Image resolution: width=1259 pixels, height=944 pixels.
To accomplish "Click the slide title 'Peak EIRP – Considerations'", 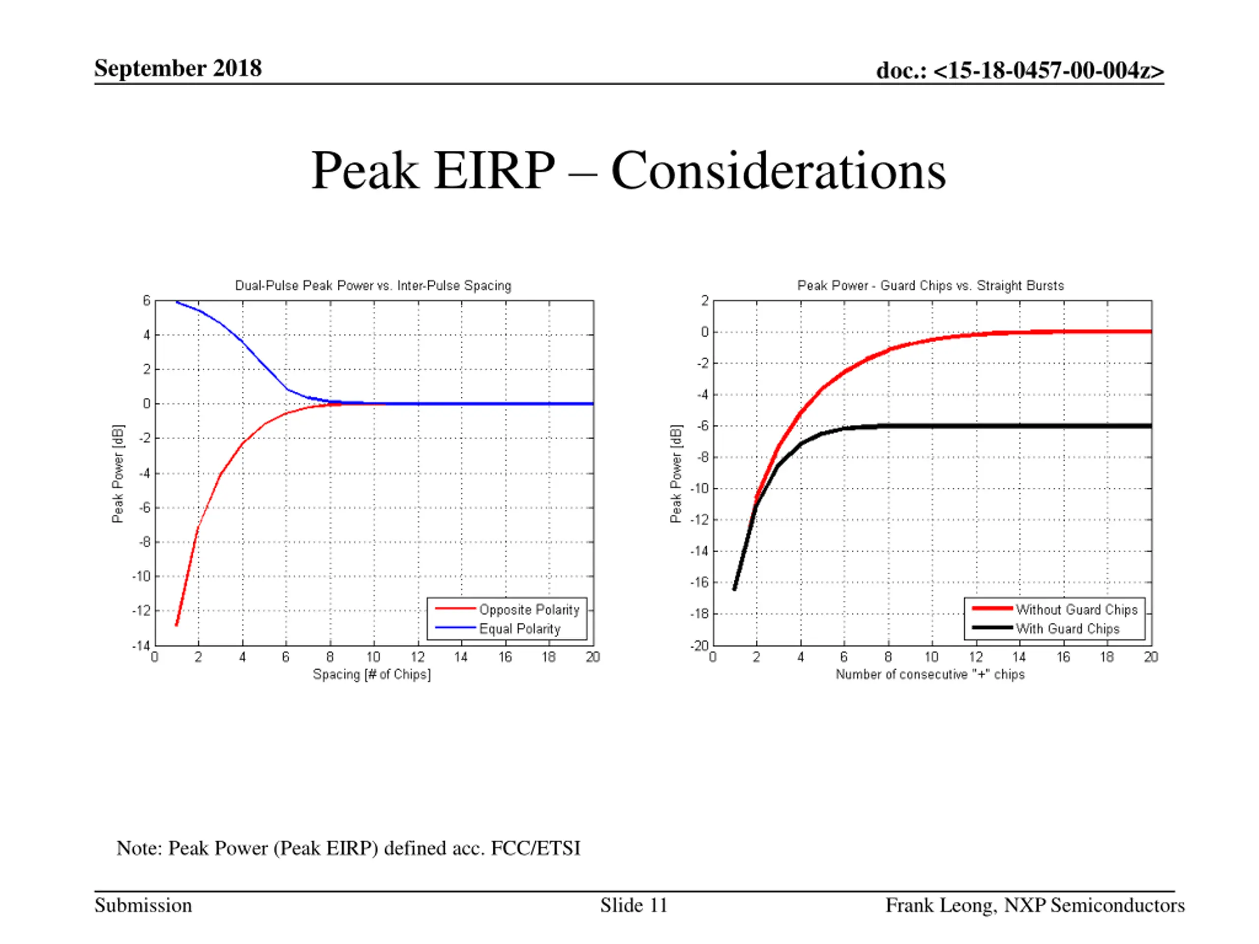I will click(629, 171).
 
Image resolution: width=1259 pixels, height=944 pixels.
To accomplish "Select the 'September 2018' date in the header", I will click(178, 68).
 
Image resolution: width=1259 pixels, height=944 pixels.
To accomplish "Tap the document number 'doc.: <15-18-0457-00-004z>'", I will click(1020, 71).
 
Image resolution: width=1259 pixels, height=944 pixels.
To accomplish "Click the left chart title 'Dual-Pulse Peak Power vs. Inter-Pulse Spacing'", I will click(373, 286).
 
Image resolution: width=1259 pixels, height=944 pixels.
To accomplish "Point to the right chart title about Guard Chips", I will click(930, 286).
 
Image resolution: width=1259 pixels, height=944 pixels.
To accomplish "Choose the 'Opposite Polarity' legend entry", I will click(529, 609).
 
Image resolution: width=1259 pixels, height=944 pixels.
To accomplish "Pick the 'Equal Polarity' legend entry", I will click(520, 629).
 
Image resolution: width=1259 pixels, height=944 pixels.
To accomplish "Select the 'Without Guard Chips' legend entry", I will click(1076, 609).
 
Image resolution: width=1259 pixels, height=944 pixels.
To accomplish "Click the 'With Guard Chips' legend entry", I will click(1067, 629).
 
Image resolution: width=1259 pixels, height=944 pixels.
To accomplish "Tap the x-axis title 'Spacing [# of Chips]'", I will click(372, 674).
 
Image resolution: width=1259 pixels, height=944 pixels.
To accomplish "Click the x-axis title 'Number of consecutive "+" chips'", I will click(930, 674).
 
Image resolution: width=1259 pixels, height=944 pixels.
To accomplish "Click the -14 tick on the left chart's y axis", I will click(141, 646).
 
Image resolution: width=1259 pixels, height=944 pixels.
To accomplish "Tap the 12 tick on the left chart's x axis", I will click(418, 657).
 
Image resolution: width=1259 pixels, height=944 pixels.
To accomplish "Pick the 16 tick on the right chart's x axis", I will click(1063, 657).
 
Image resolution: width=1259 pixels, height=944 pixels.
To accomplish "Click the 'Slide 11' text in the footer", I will click(633, 905).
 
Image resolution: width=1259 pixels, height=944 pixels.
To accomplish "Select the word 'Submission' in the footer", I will click(144, 905).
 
